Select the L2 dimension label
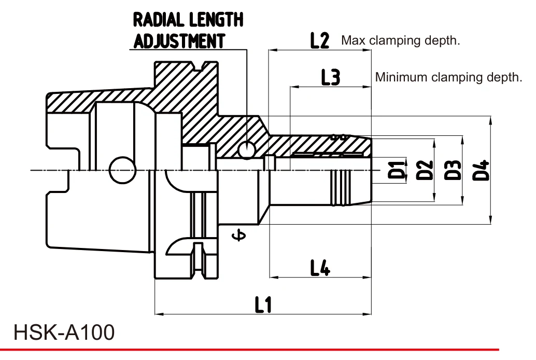click(320, 40)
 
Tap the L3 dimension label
click(331, 77)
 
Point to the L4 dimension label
click(320, 267)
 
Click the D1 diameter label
click(397, 170)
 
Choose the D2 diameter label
click(425, 170)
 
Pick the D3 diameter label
click(453, 170)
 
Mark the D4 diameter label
click(481, 170)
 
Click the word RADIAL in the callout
click(158, 20)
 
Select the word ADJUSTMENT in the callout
click(179, 41)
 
